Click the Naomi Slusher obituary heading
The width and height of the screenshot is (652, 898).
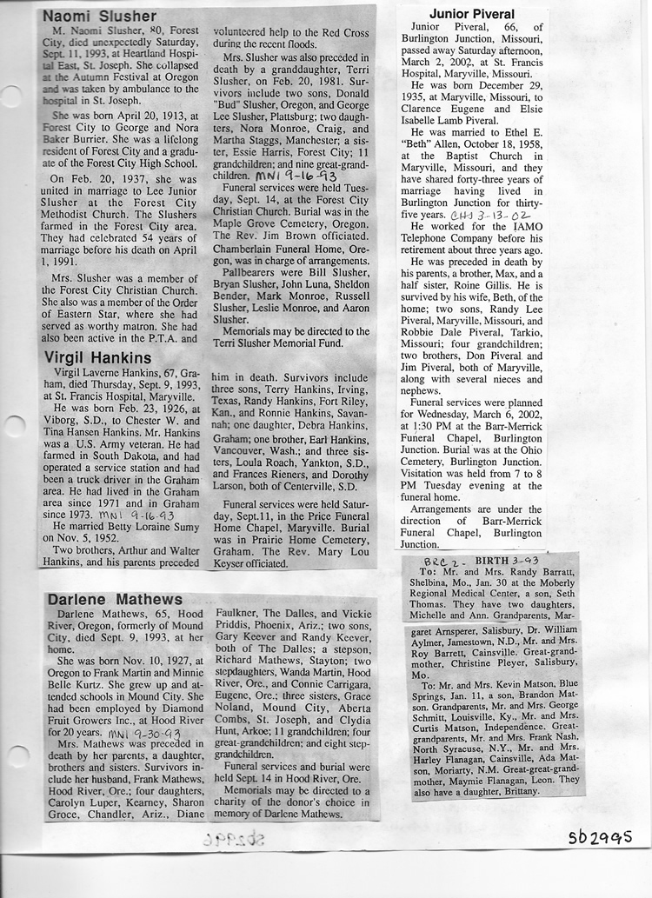click(99, 17)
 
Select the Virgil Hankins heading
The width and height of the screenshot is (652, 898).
click(96, 357)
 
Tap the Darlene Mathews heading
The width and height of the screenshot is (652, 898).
click(115, 599)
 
